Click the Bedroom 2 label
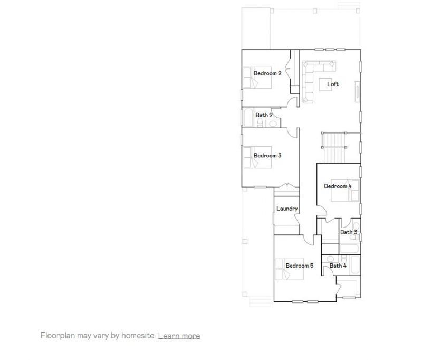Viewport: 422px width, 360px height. (x=267, y=73)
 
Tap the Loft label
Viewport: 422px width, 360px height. (x=333, y=84)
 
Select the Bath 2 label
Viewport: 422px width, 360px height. (x=264, y=115)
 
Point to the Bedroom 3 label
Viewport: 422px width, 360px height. (x=267, y=156)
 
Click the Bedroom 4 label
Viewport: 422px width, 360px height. (x=338, y=186)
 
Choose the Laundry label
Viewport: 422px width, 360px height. (x=287, y=209)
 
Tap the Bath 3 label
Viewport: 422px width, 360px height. (x=349, y=232)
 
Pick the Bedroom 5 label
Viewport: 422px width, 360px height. (x=299, y=266)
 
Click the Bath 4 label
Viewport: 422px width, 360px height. (x=338, y=266)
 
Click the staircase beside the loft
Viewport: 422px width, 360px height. (x=333, y=148)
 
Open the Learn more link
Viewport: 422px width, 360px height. (x=179, y=336)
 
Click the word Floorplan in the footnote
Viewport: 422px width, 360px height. (x=56, y=336)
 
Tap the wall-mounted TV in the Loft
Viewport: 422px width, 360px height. (x=357, y=91)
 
